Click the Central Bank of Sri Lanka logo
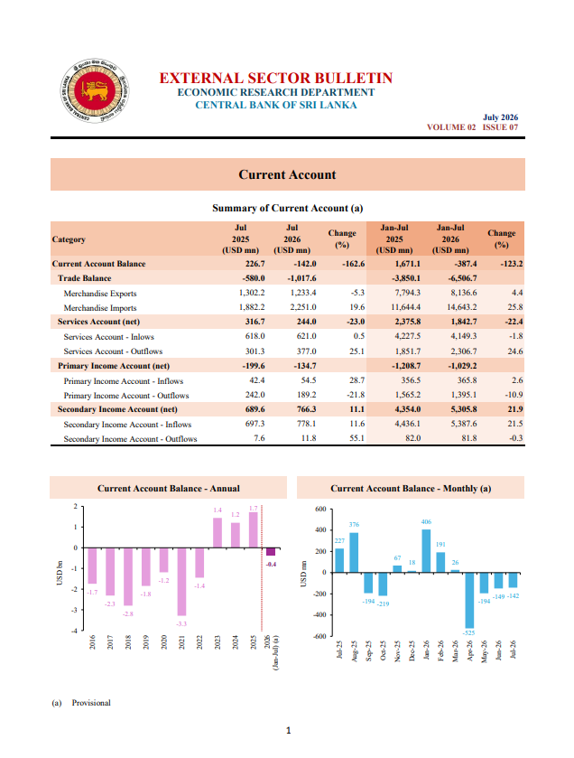95,90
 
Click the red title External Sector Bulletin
275,78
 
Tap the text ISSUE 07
500,127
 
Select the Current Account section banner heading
287,174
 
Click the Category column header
69,239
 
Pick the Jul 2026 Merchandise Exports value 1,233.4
303,293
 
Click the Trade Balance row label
85,278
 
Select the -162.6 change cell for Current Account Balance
353,264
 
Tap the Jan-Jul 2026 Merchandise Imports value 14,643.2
461,307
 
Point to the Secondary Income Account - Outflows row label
130,439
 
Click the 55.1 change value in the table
356,438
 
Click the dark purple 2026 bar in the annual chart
271,552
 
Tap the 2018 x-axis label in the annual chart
128,642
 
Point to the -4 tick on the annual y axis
74,631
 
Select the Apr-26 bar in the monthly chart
469,600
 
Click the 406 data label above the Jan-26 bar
426,521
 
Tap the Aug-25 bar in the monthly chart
354,553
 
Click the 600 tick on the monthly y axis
321,509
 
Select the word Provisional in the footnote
91,702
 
